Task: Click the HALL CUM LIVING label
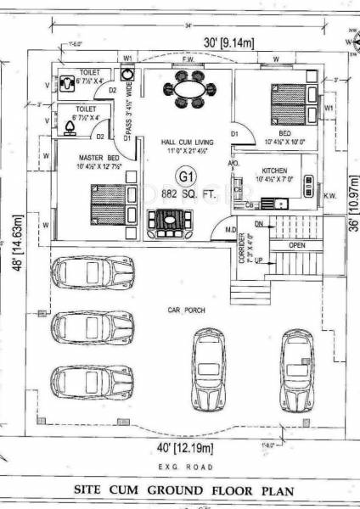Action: point(188,142)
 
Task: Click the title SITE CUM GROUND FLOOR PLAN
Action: point(182,489)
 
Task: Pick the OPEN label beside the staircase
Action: point(296,245)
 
